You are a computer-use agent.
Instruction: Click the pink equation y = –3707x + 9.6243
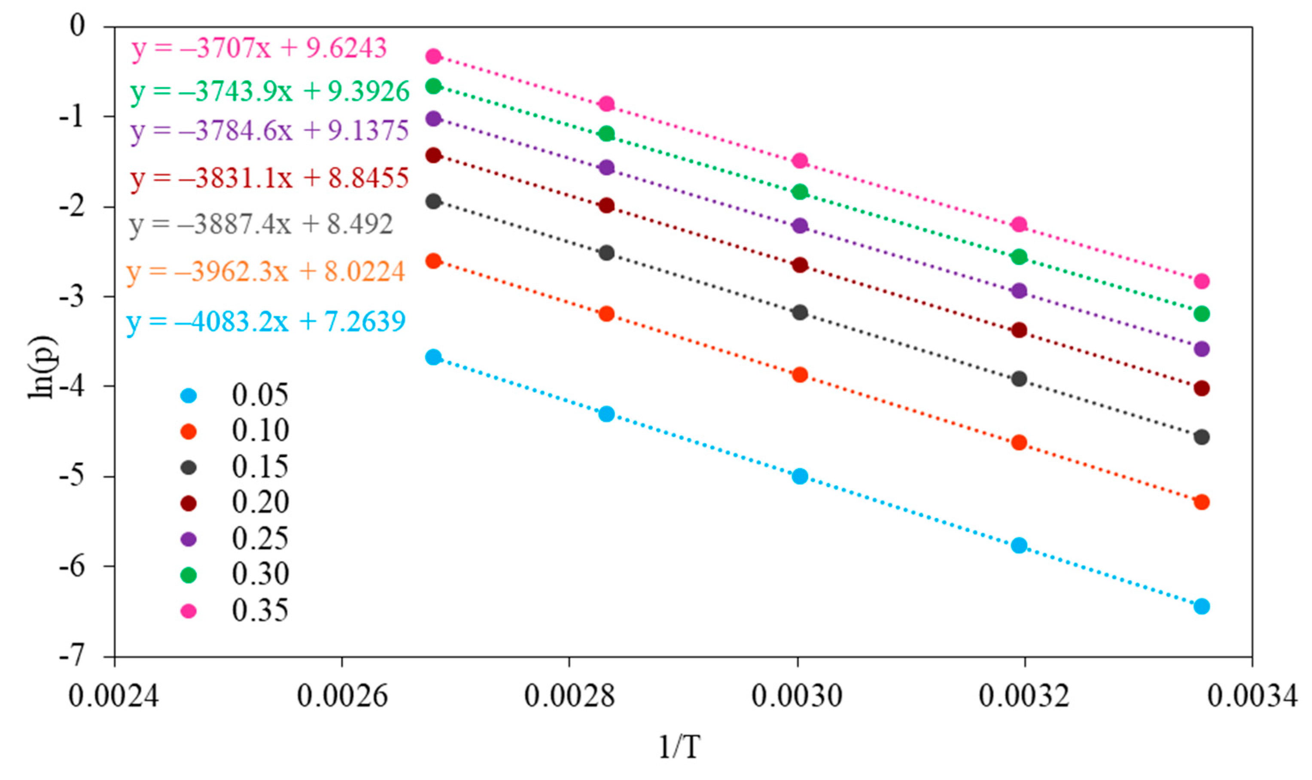coord(259,49)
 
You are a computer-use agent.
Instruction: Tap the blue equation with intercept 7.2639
coord(266,322)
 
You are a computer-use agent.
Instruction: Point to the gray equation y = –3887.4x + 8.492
coord(261,225)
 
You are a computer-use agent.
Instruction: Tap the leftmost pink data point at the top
coord(433,56)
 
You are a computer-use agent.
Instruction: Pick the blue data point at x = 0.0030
coord(800,477)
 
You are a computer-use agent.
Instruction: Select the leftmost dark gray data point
coord(433,201)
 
